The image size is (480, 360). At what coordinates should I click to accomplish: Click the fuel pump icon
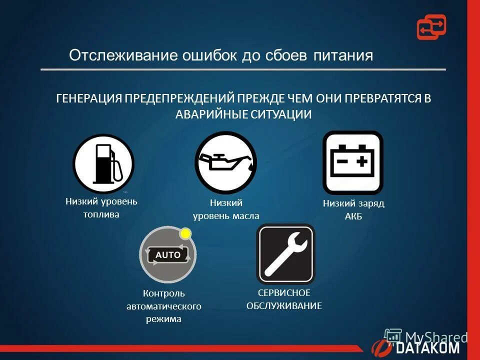(x=103, y=163)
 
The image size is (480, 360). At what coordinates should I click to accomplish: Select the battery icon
(x=353, y=162)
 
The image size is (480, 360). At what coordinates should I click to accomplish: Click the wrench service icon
(x=285, y=254)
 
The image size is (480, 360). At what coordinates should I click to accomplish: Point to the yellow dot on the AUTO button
(x=185, y=233)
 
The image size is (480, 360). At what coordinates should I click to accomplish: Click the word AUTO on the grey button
(x=168, y=254)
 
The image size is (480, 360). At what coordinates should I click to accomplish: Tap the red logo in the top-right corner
(x=431, y=27)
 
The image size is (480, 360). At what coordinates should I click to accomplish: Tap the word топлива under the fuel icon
(x=101, y=214)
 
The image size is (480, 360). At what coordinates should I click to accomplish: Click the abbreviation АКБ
(x=353, y=216)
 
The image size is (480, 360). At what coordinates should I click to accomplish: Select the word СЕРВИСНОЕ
(x=284, y=292)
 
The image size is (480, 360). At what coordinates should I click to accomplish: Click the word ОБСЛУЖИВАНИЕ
(x=284, y=305)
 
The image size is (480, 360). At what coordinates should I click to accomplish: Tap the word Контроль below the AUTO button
(x=163, y=293)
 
